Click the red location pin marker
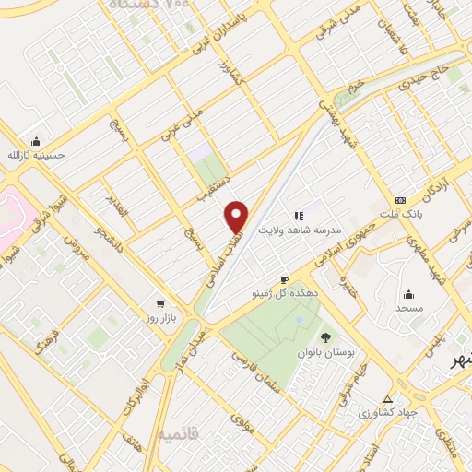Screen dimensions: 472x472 [x=237, y=217]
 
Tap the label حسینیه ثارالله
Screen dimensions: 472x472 [x=37, y=156]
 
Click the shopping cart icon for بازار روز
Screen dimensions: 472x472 [x=161, y=303]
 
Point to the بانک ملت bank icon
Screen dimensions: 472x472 [x=400, y=200]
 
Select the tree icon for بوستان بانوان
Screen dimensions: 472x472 [x=324, y=337]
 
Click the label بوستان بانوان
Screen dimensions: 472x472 [x=324, y=352]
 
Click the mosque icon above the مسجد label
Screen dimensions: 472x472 [x=408, y=294]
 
